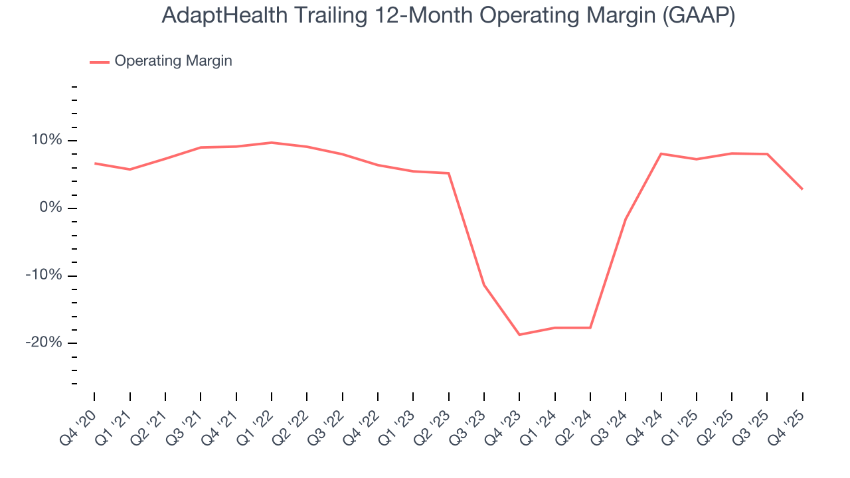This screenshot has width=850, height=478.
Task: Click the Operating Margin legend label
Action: click(173, 61)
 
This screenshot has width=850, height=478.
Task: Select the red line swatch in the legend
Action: click(100, 62)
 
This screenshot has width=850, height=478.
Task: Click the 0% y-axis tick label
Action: click(50, 208)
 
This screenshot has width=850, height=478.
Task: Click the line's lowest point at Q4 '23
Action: click(519, 335)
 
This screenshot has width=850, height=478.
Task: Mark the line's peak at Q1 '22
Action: click(272, 143)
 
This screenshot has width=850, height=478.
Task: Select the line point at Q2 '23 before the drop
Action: click(449, 173)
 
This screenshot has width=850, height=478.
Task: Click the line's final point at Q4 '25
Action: click(802, 189)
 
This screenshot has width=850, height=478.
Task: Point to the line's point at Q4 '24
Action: click(661, 154)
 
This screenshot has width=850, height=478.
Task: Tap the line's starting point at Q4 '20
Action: click(94, 163)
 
